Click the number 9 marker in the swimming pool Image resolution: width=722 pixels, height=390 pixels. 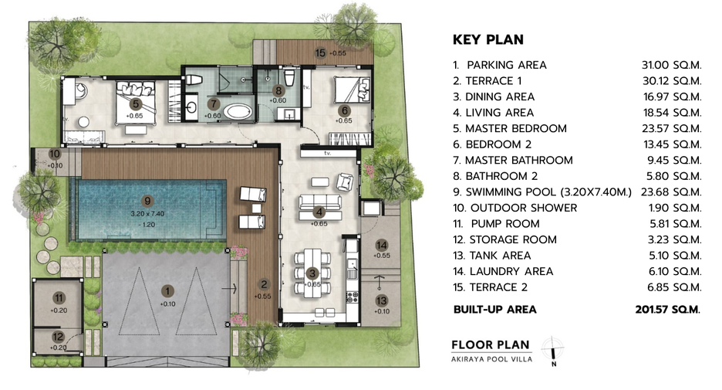coord(147,201)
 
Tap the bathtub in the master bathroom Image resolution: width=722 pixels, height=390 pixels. coord(238,112)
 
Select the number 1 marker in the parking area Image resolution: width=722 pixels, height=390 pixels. coord(167,291)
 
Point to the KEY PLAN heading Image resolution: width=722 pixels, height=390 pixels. coord(488,39)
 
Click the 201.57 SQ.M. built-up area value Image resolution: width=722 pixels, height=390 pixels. coord(668,310)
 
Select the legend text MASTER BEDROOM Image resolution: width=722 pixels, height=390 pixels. coord(516,129)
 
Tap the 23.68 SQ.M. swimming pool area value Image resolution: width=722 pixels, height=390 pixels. coord(671,192)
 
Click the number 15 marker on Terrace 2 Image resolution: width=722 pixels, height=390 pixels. coord(320,53)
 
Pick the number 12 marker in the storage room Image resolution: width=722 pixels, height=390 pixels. coord(58,337)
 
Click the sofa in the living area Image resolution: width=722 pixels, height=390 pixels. coord(320,202)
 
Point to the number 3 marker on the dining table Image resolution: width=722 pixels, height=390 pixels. coord(312,273)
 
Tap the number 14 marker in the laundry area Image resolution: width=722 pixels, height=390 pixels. coord(381,246)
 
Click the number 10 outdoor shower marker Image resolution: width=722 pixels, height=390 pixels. coord(54,154)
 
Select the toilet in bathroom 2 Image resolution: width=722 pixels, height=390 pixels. coord(289,77)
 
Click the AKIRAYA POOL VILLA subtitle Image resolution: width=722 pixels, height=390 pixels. coord(492,359)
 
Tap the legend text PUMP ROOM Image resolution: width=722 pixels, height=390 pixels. coord(505,224)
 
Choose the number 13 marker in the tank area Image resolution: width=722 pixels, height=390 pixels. coord(381,301)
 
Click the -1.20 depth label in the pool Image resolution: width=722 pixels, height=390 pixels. coord(147,225)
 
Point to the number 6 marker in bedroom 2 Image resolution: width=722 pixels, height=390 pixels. coord(345,110)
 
